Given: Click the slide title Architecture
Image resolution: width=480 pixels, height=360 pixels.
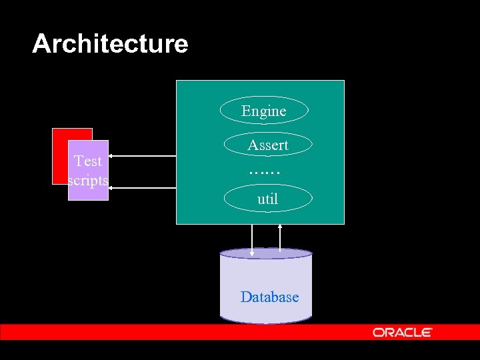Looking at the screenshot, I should [x=110, y=44].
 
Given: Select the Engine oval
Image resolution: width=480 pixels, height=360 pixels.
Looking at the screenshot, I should [x=264, y=111].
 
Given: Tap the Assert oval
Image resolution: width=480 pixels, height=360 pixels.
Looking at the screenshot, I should [x=267, y=145].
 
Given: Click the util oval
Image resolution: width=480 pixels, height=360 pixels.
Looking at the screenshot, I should [x=267, y=199].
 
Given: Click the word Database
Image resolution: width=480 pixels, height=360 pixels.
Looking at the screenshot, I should [x=269, y=297].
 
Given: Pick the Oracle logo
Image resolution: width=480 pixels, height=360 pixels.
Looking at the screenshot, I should [x=403, y=332].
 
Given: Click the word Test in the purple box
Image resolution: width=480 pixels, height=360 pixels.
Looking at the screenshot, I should [x=88, y=161].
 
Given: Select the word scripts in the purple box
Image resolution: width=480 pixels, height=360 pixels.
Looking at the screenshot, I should [x=88, y=180].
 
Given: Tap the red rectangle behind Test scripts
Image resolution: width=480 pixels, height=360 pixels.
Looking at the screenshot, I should [x=60, y=153].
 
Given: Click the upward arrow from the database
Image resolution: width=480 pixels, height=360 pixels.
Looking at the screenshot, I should [x=280, y=237].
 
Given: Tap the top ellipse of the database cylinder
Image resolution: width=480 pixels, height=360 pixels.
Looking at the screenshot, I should [x=266, y=253].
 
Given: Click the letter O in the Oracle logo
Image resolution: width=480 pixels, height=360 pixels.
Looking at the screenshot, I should [x=378, y=332].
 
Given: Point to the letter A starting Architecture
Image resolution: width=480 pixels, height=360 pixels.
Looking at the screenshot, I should [x=41, y=44].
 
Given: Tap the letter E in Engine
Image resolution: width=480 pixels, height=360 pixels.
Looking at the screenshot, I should [x=245, y=111].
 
